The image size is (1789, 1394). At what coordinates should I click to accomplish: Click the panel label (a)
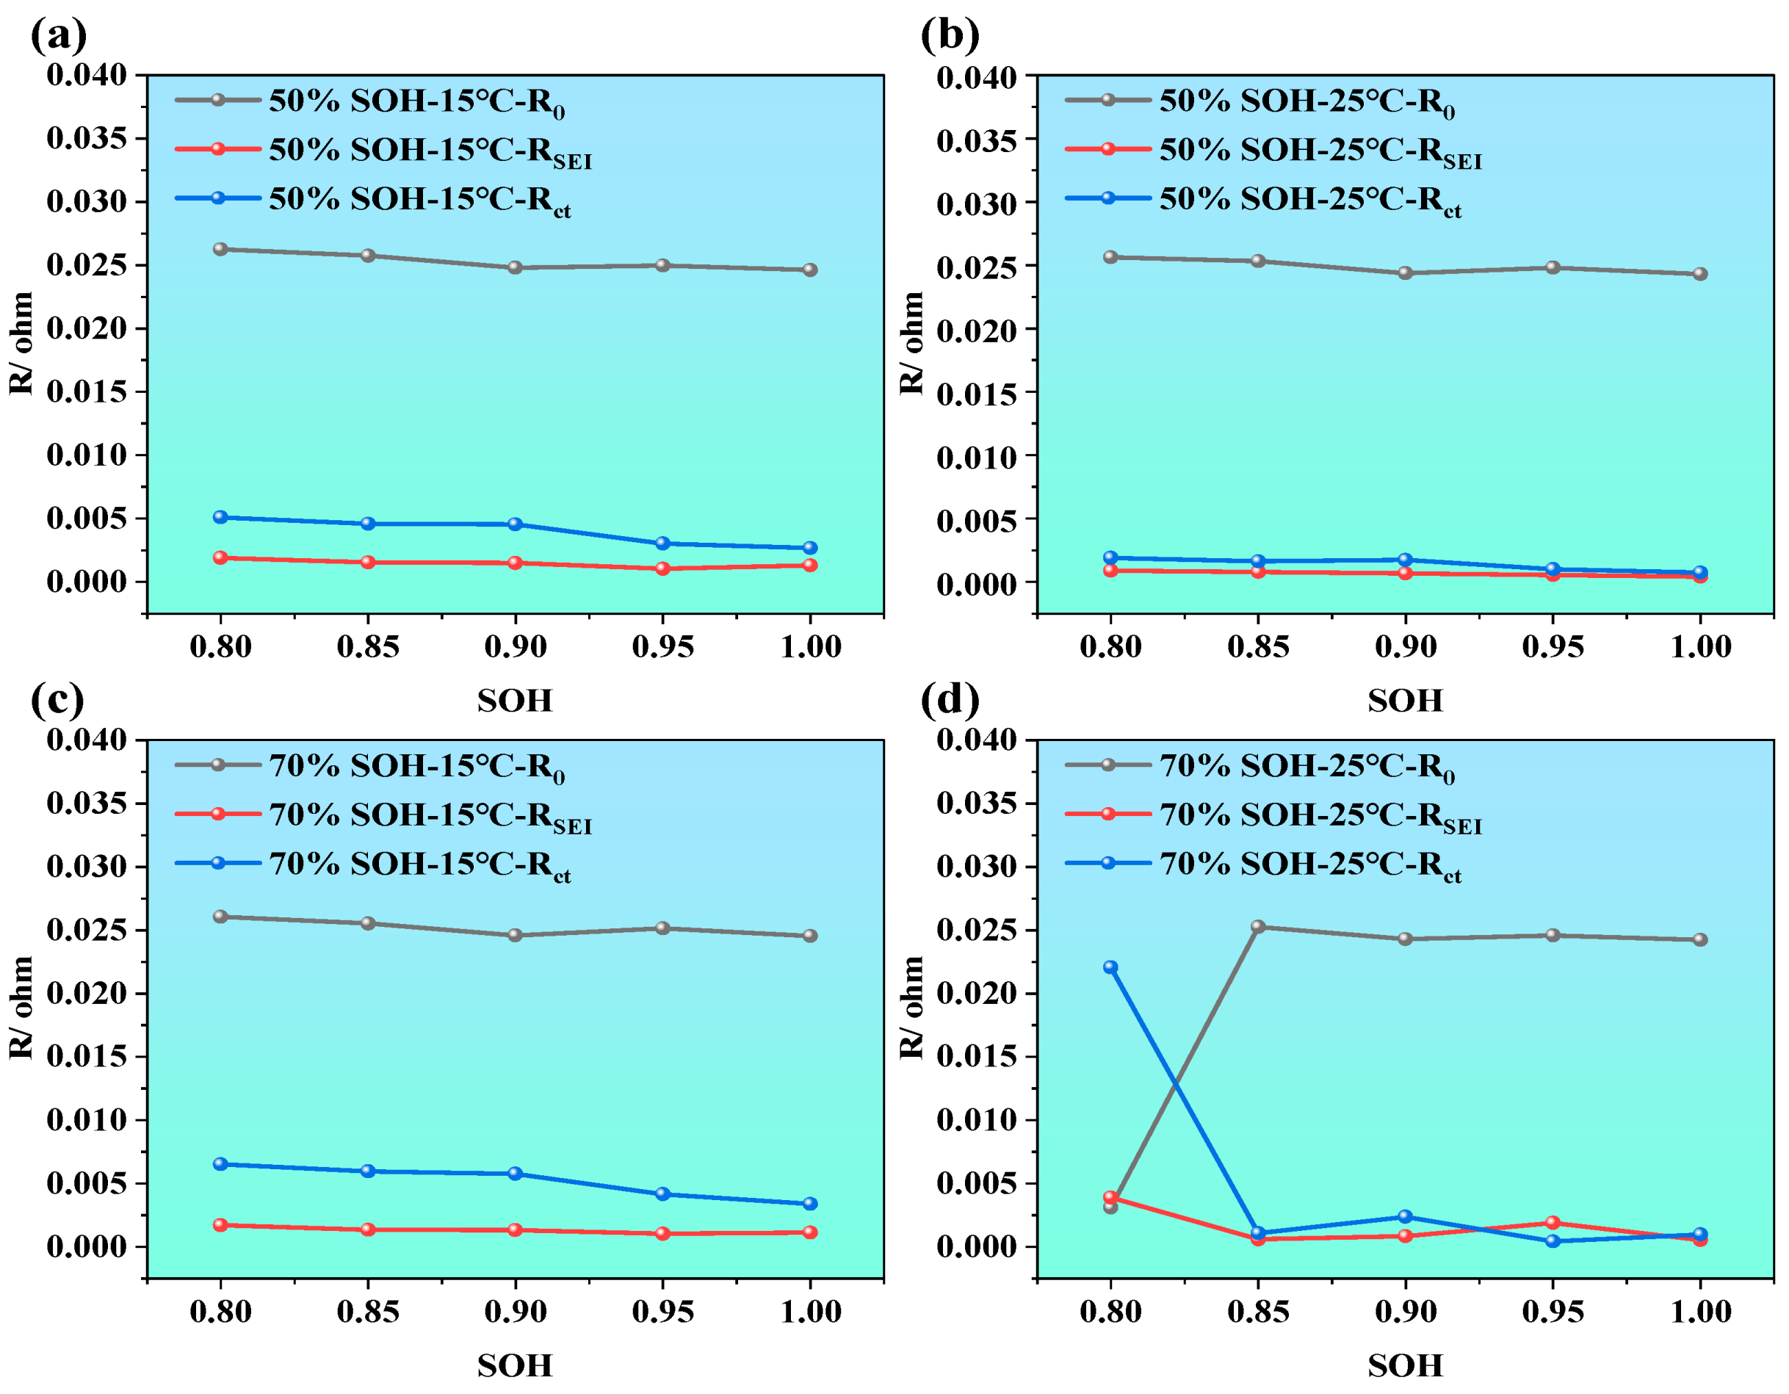(58, 36)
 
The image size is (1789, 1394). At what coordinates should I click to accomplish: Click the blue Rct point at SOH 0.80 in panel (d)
(1110, 967)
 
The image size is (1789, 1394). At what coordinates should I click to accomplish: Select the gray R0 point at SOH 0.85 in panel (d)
(1258, 927)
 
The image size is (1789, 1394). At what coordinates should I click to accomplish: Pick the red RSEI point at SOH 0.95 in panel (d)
(1553, 1223)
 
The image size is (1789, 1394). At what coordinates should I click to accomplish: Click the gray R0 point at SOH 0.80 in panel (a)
(220, 249)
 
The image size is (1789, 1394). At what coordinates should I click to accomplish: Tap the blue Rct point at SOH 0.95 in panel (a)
(662, 543)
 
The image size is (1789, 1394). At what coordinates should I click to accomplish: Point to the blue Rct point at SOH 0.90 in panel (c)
(516, 1174)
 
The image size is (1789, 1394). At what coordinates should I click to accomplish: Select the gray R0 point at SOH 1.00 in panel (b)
(1699, 273)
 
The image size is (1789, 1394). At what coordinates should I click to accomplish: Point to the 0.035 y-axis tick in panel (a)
(87, 138)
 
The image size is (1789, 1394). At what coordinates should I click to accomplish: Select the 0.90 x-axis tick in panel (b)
(1406, 647)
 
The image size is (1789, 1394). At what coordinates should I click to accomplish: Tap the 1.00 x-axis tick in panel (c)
(810, 1311)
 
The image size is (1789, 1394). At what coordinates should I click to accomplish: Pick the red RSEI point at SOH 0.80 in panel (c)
(220, 1225)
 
